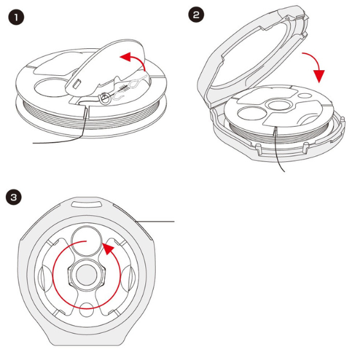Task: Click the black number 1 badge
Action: (16, 17)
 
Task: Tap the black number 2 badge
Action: (196, 15)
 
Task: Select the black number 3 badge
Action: (14, 197)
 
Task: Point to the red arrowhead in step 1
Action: (126, 57)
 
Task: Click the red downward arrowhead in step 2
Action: (319, 76)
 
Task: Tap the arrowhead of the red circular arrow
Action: (108, 248)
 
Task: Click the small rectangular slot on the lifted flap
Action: (76, 83)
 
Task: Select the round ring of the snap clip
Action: (104, 99)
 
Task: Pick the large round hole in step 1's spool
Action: (51, 87)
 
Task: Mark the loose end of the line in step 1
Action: (33, 143)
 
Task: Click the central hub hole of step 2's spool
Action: (278, 105)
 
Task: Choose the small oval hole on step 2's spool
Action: (305, 96)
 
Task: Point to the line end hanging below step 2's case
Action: (284, 171)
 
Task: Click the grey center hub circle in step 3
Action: (87, 275)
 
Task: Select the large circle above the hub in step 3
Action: (87, 241)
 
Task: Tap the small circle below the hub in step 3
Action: (86, 310)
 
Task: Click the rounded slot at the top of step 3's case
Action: (87, 204)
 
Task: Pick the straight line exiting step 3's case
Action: (155, 222)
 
